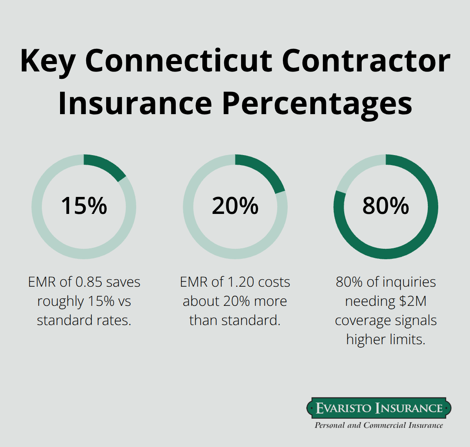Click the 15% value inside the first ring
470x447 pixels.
(x=84, y=206)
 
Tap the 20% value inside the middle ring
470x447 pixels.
(x=235, y=206)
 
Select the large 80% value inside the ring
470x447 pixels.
(x=386, y=206)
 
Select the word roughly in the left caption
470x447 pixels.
(x=60, y=301)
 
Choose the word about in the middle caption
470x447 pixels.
(x=201, y=301)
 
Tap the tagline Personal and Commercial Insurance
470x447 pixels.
(x=379, y=425)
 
